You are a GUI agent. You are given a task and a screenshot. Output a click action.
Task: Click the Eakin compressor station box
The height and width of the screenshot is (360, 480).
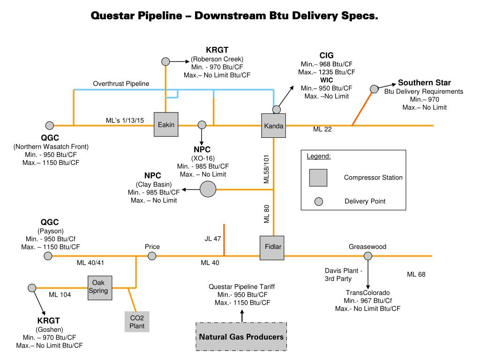[166, 125]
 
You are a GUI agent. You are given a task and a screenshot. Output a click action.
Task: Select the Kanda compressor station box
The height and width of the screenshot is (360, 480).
[273, 126]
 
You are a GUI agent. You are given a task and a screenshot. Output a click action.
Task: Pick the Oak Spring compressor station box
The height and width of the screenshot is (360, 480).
[99, 287]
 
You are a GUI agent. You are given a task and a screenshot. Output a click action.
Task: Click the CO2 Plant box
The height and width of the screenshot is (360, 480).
[137, 322]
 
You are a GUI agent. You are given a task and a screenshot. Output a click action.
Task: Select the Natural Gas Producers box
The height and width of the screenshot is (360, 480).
[241, 337]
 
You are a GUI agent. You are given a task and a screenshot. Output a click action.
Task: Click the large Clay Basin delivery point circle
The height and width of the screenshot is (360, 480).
[208, 189]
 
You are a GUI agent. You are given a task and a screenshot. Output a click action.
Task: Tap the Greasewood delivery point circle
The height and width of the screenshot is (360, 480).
[368, 256]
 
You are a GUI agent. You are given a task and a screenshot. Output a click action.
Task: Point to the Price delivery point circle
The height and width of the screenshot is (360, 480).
[152, 256]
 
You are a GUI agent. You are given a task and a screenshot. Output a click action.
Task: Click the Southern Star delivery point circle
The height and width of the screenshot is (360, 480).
[374, 89]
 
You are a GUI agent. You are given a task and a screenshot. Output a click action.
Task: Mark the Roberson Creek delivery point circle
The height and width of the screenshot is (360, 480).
[165, 61]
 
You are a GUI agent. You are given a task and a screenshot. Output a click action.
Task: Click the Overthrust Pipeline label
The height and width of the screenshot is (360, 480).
[121, 83]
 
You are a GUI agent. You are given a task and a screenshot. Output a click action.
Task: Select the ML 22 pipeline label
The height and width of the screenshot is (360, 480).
[322, 130]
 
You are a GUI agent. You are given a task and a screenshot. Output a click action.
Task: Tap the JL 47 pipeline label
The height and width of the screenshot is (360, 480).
[212, 239]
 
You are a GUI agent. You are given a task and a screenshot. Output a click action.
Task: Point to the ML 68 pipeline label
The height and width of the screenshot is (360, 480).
[416, 274]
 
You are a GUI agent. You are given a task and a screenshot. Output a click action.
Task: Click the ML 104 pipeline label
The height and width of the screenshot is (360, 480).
[60, 295]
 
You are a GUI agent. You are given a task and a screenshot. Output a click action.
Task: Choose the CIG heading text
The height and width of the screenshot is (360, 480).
[327, 55]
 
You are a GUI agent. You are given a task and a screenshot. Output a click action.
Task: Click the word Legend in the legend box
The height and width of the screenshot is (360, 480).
[319, 156]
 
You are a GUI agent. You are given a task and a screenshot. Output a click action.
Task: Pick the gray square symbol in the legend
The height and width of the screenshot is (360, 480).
[318, 178]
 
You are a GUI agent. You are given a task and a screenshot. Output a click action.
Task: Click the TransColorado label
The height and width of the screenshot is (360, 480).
[367, 292]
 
